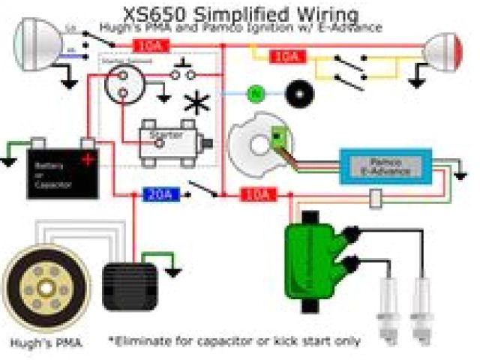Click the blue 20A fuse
pyautogui.click(x=159, y=195)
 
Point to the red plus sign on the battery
pyautogui.click(x=89, y=159)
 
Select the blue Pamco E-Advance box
pyautogui.click(x=385, y=166)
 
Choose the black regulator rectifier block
pyautogui.click(x=129, y=285)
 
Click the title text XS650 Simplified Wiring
pyautogui.click(x=240, y=13)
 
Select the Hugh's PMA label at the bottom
pyautogui.click(x=46, y=343)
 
